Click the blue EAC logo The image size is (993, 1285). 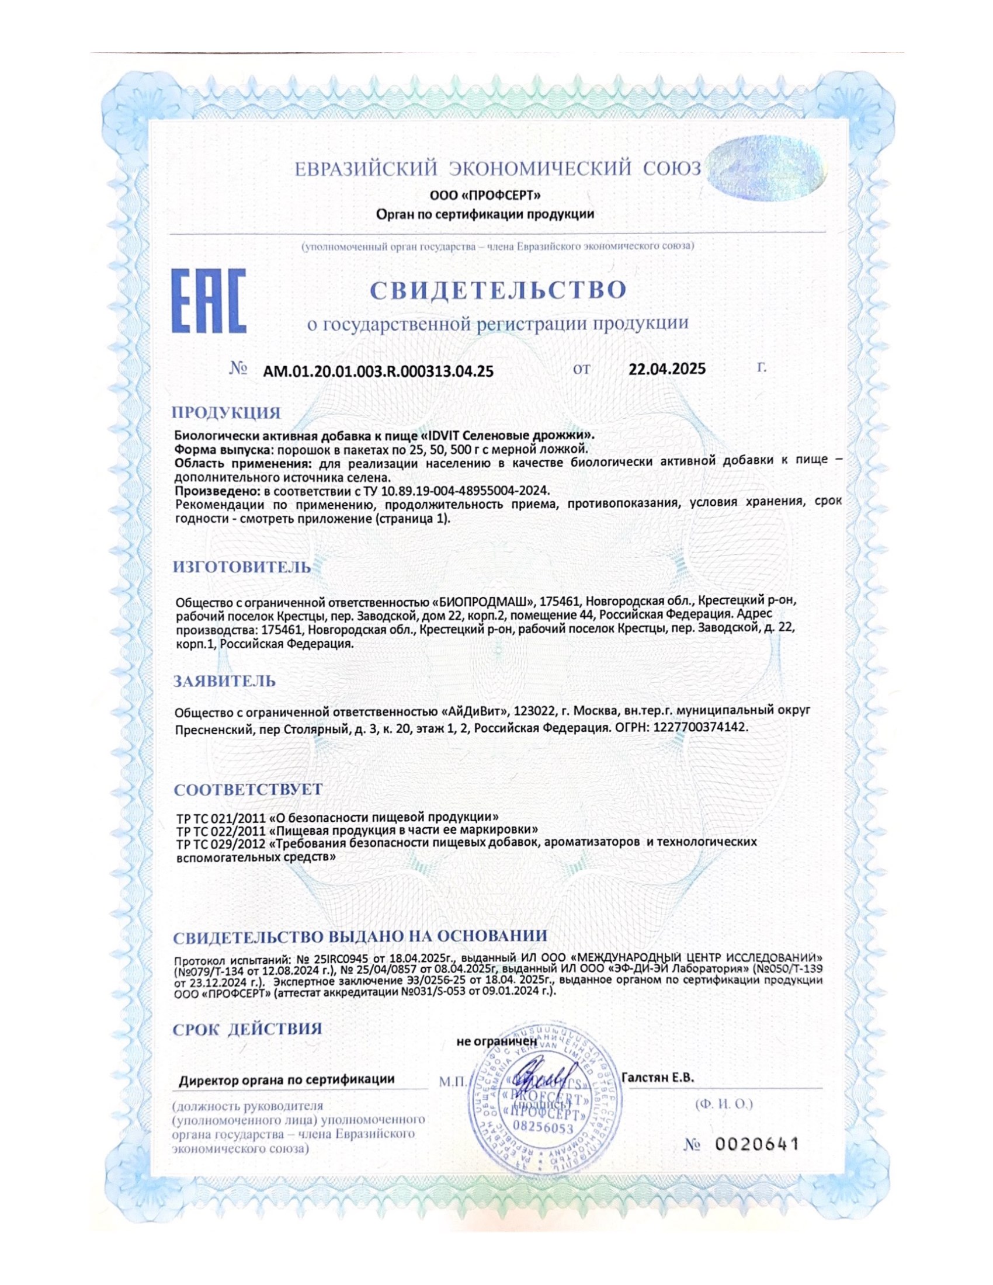pyautogui.click(x=209, y=301)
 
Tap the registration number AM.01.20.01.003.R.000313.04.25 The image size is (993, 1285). pyautogui.click(x=379, y=371)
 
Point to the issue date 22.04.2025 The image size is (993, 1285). pyautogui.click(x=666, y=369)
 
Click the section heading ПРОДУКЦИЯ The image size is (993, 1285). pyautogui.click(x=227, y=412)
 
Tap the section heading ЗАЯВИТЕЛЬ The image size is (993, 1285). pyautogui.click(x=224, y=681)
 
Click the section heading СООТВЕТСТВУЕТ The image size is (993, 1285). pyautogui.click(x=248, y=789)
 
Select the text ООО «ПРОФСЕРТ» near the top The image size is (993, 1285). pyautogui.click(x=485, y=195)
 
